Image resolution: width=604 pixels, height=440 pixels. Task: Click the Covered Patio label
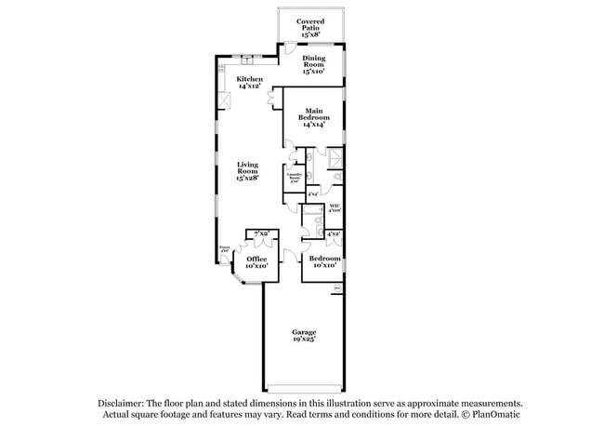pos(310,24)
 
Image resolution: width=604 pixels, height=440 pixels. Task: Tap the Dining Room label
pos(313,64)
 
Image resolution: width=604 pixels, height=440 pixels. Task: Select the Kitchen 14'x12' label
pos(249,84)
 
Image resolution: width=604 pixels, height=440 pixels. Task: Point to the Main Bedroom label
pos(313,118)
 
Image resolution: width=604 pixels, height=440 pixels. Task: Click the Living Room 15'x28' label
pos(246,170)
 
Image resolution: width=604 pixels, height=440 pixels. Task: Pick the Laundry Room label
pos(295,178)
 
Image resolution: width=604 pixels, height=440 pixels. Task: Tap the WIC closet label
pos(335,208)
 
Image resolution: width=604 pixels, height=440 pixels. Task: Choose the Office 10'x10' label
pos(256,263)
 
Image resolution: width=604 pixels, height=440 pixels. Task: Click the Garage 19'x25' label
pos(304,336)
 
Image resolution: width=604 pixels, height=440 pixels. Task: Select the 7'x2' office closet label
pos(261,233)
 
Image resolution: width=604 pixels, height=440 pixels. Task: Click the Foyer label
pos(224,250)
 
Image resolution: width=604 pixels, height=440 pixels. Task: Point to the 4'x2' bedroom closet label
pos(335,233)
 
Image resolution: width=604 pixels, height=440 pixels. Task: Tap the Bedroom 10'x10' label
pos(324,262)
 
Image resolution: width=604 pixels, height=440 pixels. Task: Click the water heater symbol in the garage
pos(338,287)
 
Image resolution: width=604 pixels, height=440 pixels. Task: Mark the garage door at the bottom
pos(304,388)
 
